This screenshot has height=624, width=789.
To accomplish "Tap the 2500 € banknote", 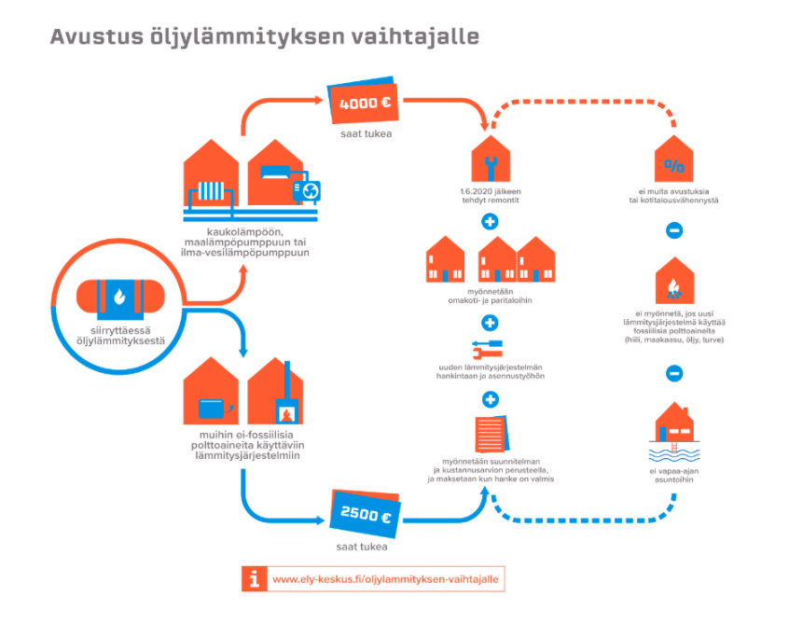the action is [364, 515].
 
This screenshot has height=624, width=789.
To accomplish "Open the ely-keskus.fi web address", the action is [385, 579].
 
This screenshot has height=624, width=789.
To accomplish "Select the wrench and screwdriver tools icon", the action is [490, 351].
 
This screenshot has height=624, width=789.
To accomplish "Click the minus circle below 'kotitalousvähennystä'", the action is [673, 229].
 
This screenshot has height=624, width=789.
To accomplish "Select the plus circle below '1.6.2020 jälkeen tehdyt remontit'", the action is [490, 222].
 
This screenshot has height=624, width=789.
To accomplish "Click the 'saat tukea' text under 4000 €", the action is [364, 136].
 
